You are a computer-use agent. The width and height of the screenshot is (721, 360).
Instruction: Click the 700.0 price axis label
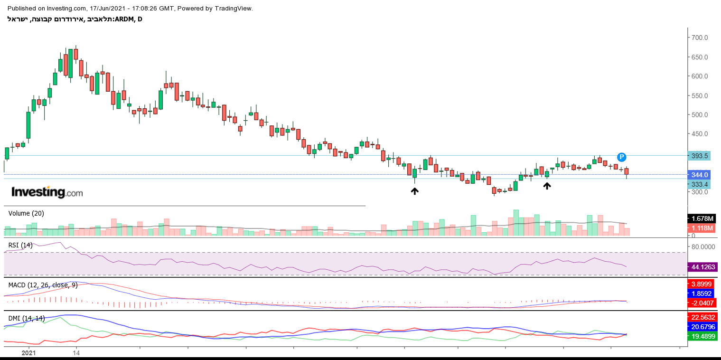coord(700,38)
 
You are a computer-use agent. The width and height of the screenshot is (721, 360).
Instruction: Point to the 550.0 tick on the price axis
coord(700,95)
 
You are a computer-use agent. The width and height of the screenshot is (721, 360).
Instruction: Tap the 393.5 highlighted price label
coord(700,156)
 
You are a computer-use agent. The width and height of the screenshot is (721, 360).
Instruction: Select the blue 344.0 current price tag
coord(700,175)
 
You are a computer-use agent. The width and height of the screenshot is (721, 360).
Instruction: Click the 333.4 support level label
coord(700,184)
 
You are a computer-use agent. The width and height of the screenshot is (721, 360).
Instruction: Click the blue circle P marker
coord(622,157)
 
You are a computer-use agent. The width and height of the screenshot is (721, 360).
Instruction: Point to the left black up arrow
coord(415,191)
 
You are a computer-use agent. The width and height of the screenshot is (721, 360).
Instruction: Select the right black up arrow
coord(547,186)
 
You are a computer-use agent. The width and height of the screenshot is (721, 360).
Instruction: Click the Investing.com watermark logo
coord(47,192)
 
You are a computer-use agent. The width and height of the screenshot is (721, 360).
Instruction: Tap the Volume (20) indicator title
coord(26,214)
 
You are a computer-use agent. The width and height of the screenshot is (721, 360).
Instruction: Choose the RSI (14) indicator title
coord(20,245)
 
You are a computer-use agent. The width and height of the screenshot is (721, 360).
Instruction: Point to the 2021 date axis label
coord(29,353)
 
